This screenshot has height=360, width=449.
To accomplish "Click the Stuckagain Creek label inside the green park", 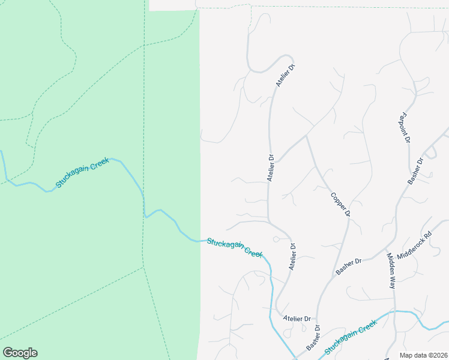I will point(83,173).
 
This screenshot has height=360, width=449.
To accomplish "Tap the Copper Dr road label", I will point(340,205).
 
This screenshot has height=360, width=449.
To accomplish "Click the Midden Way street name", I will point(391,271).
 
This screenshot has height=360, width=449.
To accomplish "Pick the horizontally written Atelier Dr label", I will point(298,319).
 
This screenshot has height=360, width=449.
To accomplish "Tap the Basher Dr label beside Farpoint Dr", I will point(415,170).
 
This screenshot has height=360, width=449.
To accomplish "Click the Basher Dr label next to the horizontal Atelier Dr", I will point(313,338).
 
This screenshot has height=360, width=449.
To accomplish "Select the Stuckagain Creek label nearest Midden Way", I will point(351,336).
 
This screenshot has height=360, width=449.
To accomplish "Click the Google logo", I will point(20,353).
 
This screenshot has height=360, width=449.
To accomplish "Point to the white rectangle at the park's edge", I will point(173,5).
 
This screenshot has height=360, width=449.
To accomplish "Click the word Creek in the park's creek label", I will point(100,165).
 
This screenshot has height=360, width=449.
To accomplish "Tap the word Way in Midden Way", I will point(393,282).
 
